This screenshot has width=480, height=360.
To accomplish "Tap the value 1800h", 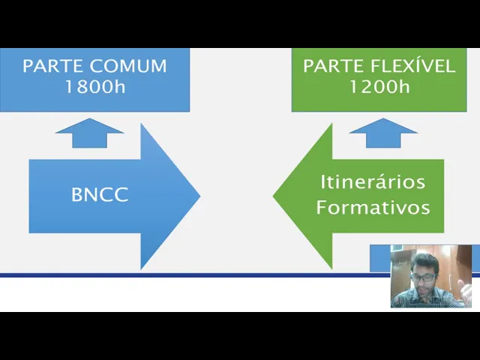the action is (x=94, y=86).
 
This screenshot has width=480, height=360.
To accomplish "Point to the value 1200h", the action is (x=379, y=86).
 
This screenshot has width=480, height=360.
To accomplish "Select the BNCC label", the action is (x=100, y=195).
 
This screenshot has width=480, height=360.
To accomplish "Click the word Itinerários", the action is (x=373, y=181).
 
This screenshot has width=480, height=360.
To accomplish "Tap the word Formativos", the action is (x=373, y=207).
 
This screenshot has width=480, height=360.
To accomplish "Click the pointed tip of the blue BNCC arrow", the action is (x=198, y=196).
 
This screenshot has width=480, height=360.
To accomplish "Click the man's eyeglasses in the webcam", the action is (x=424, y=276).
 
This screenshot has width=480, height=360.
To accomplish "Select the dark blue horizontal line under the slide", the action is (x=187, y=275).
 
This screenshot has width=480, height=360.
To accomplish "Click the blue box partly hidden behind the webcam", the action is (x=379, y=258).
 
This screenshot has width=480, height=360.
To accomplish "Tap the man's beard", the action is (x=424, y=288).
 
